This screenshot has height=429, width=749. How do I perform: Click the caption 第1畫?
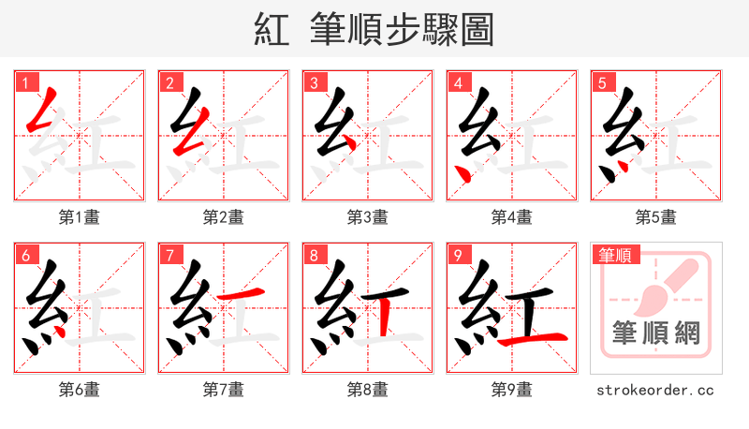coord(80,217)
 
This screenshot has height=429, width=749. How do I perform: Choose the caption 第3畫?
coord(367,217)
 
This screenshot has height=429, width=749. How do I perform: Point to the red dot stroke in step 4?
coord(462,170)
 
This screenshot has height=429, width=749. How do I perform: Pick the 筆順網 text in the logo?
coord(655,333)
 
